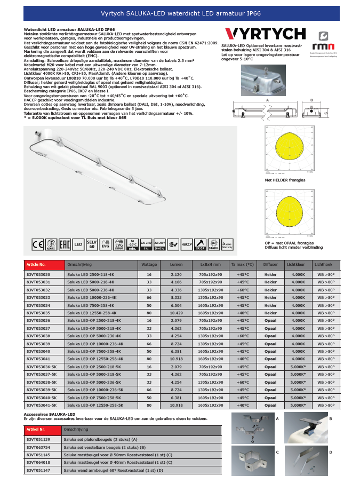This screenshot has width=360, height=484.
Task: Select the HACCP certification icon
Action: pyautogui.click(x=187, y=245)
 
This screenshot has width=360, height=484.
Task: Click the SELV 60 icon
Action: pyautogui.click(x=91, y=245)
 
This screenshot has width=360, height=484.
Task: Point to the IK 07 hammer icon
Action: pyautogui.click(x=201, y=245)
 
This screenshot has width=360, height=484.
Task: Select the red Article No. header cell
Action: pyautogui.click(x=43, y=265)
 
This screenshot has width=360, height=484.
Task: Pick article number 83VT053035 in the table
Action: pyautogui.click(x=38, y=313)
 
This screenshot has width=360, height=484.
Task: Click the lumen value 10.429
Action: pyautogui.click(x=176, y=313)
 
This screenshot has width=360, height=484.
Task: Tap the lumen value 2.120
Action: pyautogui.click(x=176, y=274)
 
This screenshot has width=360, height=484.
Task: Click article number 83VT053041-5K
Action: pyautogui.click(x=42, y=406)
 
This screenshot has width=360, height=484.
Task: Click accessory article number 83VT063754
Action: pyautogui.click(x=38, y=447)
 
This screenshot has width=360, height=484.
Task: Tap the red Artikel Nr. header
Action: pyautogui.click(x=43, y=429)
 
